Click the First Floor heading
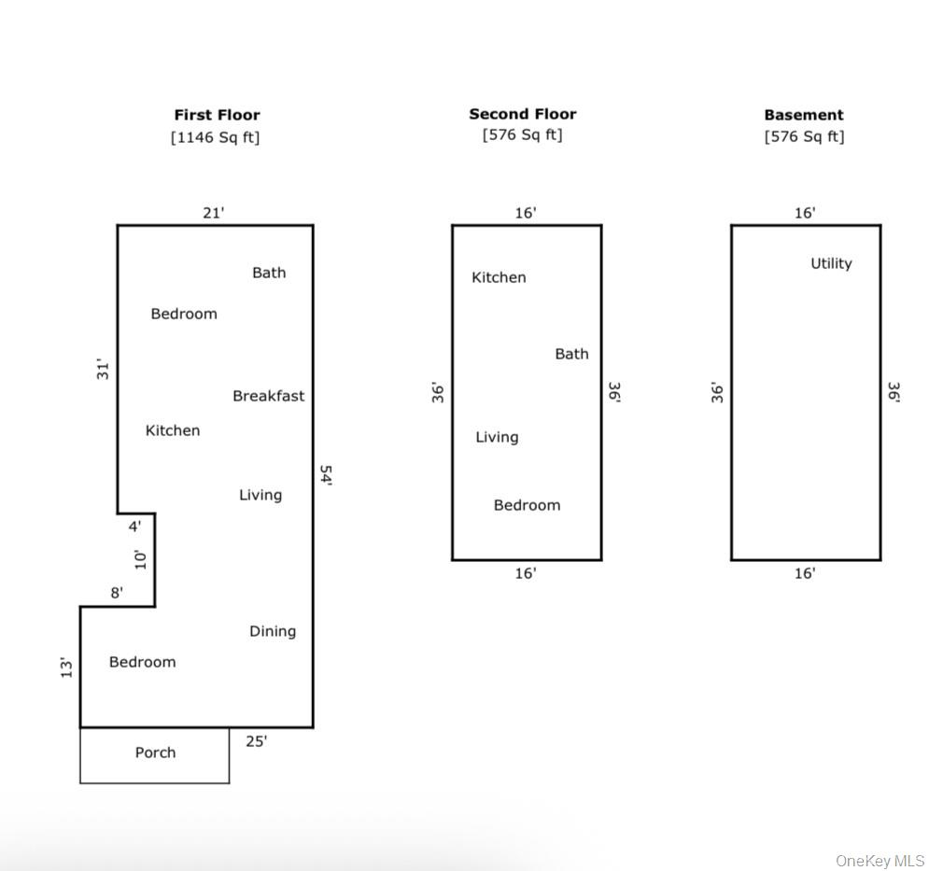pos(217,115)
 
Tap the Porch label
pos(155,752)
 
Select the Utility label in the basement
pos(831,263)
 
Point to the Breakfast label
pos(268,396)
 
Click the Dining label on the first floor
pos(273,631)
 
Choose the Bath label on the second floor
pos(571,354)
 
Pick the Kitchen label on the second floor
pos(499,277)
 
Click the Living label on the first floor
pos(260,495)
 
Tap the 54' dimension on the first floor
pos(326,476)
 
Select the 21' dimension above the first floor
pos(214,213)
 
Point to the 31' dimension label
pos(104,369)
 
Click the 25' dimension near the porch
pos(256,741)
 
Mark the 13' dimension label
pos(67,667)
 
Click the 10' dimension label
pos(141,559)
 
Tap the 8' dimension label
pos(117,592)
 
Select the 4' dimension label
pos(134,527)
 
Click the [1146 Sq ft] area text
pos(215,137)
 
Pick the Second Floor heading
pos(523,114)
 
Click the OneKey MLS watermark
pos(880,860)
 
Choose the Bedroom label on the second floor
pos(527,505)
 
